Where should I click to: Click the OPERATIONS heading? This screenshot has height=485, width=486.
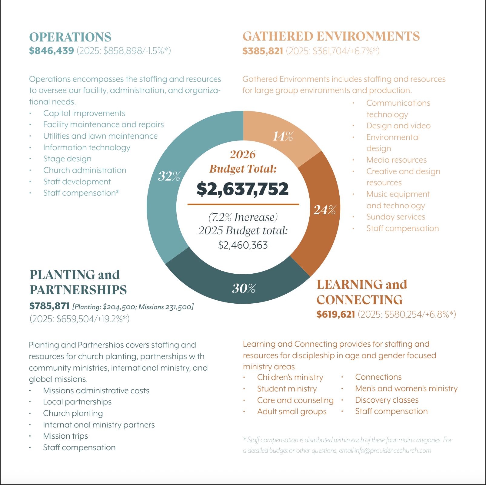tap(70, 37)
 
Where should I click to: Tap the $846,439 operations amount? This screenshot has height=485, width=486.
tap(52, 51)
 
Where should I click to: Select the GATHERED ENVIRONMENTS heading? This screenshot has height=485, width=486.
tap(331, 36)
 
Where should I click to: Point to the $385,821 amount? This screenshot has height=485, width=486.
tap(263, 51)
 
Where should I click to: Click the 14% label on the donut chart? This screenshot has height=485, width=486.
tap(283, 137)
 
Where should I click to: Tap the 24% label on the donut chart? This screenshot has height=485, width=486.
tap(325, 210)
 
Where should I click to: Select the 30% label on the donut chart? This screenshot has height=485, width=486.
tap(244, 289)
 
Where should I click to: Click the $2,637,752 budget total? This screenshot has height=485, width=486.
tap(243, 189)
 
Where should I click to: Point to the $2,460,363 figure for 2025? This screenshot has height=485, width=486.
tap(243, 245)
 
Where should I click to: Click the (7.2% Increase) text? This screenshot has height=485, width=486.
tap(243, 217)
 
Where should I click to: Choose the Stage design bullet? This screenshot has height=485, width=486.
tap(67, 159)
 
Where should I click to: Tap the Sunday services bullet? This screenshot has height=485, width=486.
tap(396, 217)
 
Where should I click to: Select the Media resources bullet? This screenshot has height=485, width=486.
tap(396, 160)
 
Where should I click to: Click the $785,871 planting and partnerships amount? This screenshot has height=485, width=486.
tap(49, 306)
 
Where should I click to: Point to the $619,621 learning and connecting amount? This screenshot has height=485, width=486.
tap(336, 314)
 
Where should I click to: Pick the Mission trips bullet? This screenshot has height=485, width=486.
tap(65, 436)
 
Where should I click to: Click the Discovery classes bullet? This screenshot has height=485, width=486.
tap(387, 400)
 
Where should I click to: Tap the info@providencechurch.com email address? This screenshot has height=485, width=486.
tap(393, 450)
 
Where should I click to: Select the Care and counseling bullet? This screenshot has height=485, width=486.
tap(295, 400)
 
